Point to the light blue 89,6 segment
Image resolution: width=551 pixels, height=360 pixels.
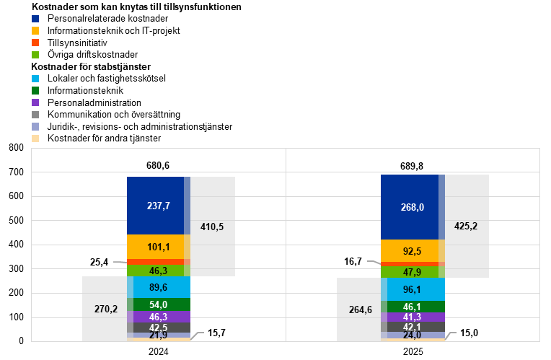(159, 287)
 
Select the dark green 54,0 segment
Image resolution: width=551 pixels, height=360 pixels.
(159, 304)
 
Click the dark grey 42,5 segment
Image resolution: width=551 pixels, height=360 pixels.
(159, 328)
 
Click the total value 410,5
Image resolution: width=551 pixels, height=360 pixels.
(212, 227)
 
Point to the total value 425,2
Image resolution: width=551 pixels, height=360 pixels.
(466, 226)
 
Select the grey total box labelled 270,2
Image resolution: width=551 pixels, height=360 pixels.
(105, 309)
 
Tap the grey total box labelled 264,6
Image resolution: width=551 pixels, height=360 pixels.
(360, 310)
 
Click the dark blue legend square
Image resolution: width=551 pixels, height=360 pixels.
(35, 19)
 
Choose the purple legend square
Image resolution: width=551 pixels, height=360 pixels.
(35, 102)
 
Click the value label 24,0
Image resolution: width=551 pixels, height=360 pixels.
(413, 335)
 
